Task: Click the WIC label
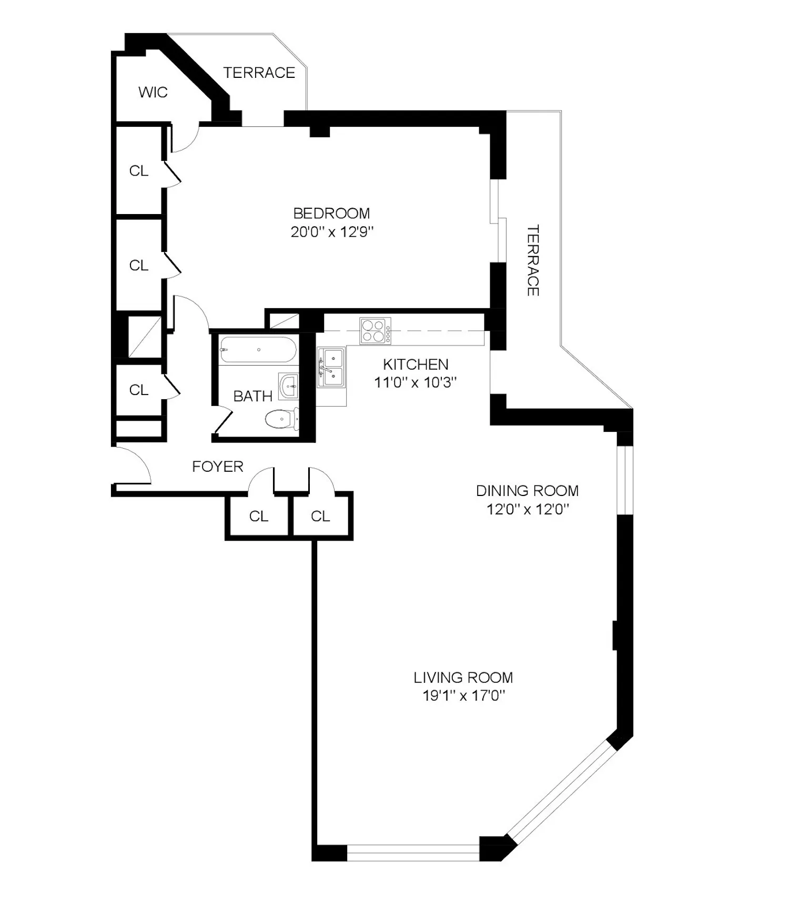(x=153, y=93)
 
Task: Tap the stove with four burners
(x=375, y=331)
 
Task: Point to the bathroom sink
(x=288, y=387)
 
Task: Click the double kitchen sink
(x=331, y=368)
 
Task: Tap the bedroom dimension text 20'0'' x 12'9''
(x=332, y=232)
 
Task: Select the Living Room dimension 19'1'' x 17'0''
(x=463, y=696)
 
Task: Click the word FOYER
(x=218, y=467)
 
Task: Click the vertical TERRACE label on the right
(x=533, y=260)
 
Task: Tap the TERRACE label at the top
(x=259, y=73)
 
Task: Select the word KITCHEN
(x=416, y=364)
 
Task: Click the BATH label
(x=252, y=396)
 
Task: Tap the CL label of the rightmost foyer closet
(x=320, y=516)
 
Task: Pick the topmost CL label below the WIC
(x=139, y=171)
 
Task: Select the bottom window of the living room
(x=413, y=853)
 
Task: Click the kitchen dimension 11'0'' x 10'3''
(x=415, y=382)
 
